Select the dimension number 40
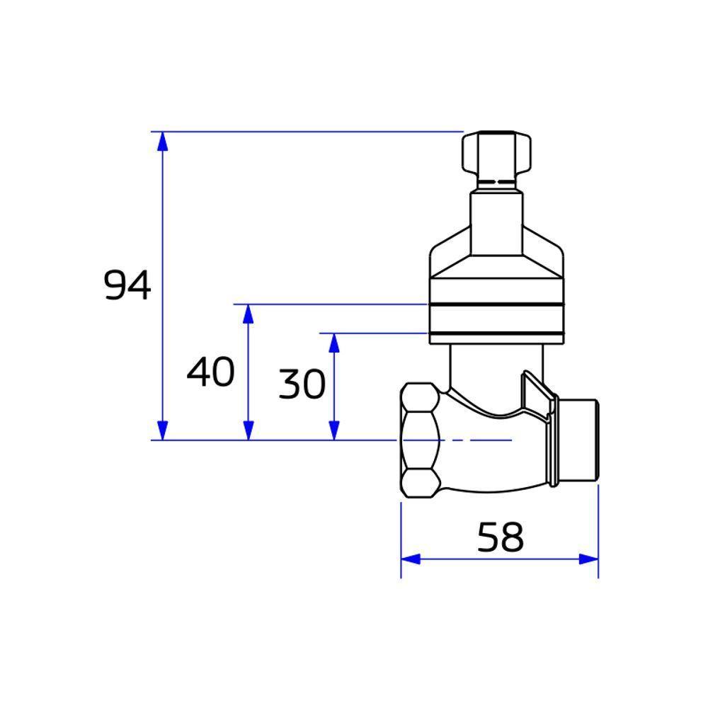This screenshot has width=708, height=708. (x=210, y=372)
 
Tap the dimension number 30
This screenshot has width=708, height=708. (x=302, y=385)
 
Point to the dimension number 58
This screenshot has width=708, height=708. (x=500, y=537)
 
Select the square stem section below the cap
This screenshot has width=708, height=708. (x=497, y=216)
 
